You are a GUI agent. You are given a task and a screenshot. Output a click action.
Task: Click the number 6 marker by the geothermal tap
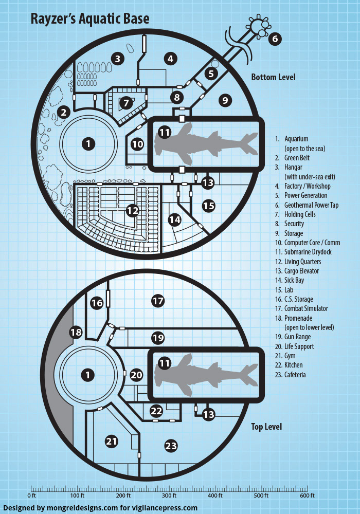pyautogui.click(x=275, y=39)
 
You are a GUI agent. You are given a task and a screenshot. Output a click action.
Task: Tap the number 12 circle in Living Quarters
pyautogui.click(x=133, y=210)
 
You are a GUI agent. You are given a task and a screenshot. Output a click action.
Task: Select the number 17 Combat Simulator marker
pyautogui.click(x=158, y=301)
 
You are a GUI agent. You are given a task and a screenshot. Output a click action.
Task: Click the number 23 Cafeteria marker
pyautogui.click(x=171, y=446)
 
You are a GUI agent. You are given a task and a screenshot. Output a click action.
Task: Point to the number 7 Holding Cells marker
pyautogui.click(x=125, y=103)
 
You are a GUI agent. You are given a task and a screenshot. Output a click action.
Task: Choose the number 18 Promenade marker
pyautogui.click(x=76, y=333)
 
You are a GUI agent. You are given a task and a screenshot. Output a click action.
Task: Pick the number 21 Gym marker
pyautogui.click(x=112, y=440)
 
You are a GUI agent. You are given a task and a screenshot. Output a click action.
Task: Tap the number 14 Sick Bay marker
pyautogui.click(x=175, y=219)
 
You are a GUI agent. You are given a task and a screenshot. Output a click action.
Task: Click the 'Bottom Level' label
pyautogui.click(x=273, y=78)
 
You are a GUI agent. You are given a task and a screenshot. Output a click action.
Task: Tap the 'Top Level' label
pyautogui.click(x=266, y=427)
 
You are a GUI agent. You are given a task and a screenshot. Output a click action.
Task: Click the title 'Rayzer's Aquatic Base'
pyautogui.click(x=90, y=19)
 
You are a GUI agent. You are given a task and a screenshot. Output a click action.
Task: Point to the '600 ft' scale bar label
pyautogui.click(x=307, y=495)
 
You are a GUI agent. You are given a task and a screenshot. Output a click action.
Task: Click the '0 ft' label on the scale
pyautogui.click(x=31, y=495)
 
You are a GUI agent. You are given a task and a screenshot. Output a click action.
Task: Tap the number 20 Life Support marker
pyautogui.click(x=136, y=375)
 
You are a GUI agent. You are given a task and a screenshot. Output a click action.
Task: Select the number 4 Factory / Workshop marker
pyautogui.click(x=171, y=59)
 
